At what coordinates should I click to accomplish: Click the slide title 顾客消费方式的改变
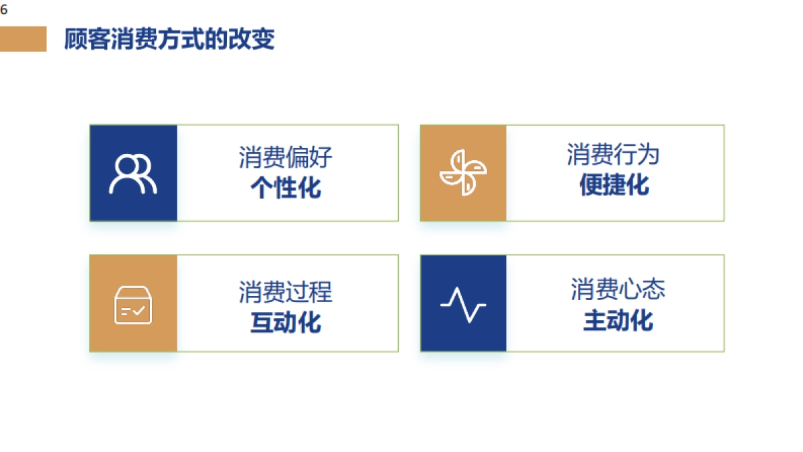point(169,40)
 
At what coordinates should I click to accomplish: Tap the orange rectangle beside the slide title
point(23,39)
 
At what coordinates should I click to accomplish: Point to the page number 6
point(4,9)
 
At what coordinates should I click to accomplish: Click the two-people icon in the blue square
point(132,174)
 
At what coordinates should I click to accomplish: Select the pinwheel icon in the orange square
point(463,173)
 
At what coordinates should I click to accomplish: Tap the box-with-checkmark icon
point(133,305)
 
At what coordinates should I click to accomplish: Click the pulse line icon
point(463,305)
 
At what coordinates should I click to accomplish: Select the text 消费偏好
point(286,158)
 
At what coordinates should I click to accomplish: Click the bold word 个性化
point(286,188)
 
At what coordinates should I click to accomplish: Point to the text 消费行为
point(614,155)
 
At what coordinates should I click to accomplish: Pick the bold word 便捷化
point(614,185)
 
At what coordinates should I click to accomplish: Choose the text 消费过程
point(286,292)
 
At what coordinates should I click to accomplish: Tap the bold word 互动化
point(286,322)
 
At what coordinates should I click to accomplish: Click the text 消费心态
point(618,289)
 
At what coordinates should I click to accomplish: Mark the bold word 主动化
point(618,320)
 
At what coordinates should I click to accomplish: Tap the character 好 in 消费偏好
point(321,158)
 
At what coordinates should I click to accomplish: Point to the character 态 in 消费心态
point(654,289)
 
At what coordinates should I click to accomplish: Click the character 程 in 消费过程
point(321,292)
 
